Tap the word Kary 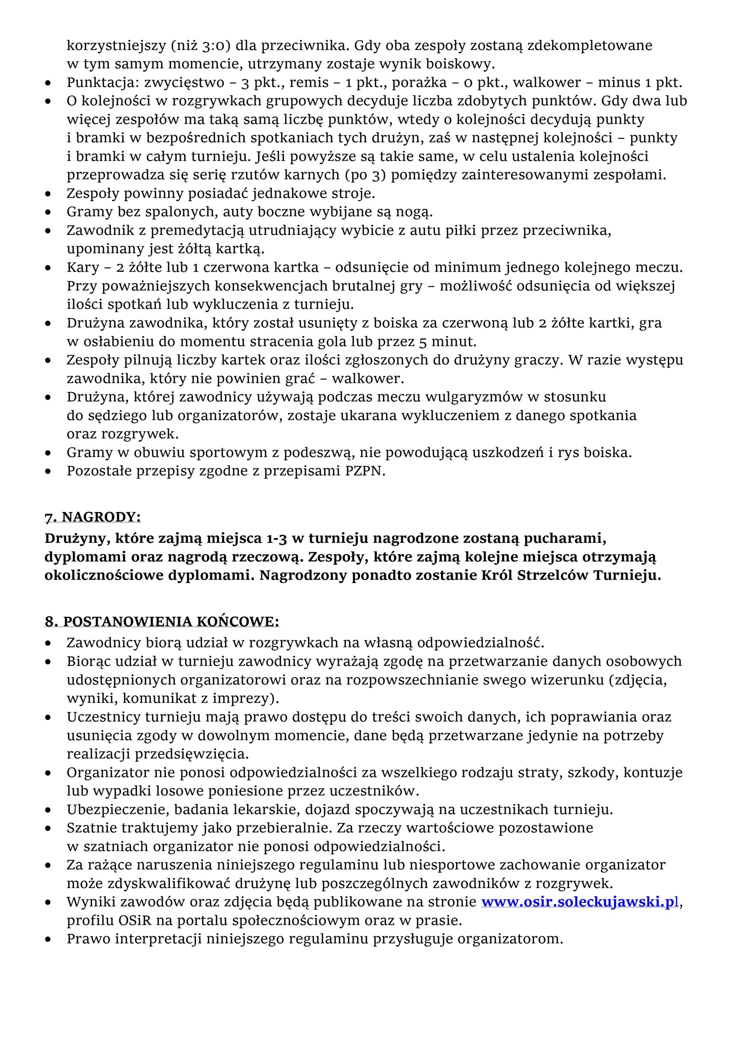click(x=83, y=268)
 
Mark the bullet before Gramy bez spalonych click(x=48, y=212)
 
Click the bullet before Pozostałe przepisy click(x=48, y=472)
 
